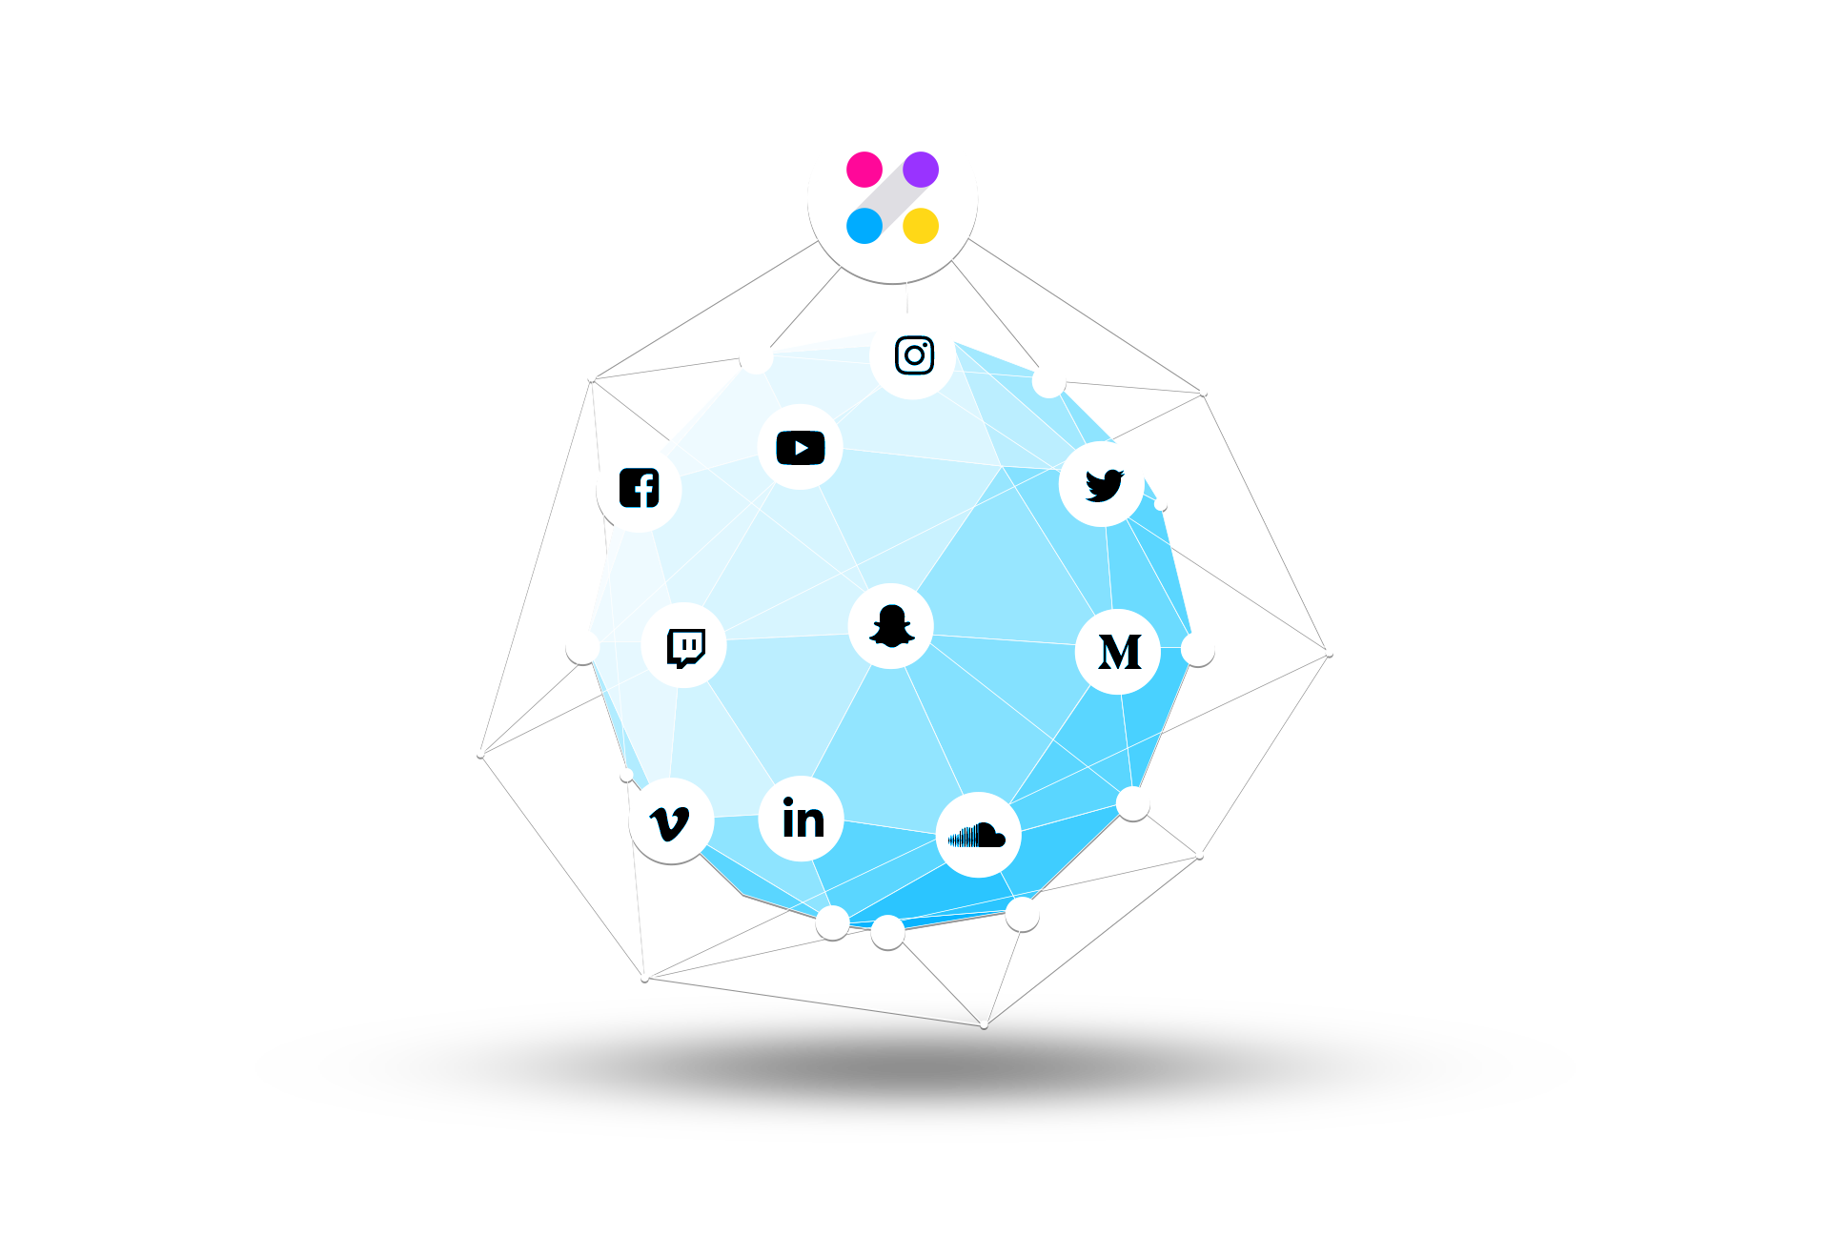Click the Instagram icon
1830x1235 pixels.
914,355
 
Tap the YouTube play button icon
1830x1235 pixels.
801,448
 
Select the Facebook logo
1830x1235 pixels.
640,488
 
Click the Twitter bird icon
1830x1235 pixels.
1105,485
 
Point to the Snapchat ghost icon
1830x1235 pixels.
892,626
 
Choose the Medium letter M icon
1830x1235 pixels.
1120,653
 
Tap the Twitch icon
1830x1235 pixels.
686,648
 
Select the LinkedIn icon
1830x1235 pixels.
803,819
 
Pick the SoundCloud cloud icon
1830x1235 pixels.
978,836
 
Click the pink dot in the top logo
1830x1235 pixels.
864,170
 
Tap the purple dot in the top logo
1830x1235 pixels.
921,170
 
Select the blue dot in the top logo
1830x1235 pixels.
864,226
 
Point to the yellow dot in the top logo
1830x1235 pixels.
921,226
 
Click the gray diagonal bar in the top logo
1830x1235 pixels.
893,198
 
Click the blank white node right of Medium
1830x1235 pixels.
1198,650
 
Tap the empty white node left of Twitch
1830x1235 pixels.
582,647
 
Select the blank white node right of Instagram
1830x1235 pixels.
1048,381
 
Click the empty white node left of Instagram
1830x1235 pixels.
757,358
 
